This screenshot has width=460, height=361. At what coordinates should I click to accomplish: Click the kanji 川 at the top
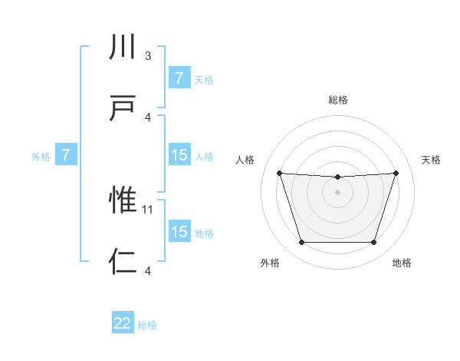pyautogui.click(x=123, y=48)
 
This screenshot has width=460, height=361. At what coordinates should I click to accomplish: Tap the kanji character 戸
pyautogui.click(x=123, y=107)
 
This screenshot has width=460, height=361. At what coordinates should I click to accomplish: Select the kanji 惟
pyautogui.click(x=123, y=200)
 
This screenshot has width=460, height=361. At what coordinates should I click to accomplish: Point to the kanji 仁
pyautogui.click(x=123, y=261)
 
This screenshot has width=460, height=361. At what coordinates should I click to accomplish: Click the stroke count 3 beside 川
pyautogui.click(x=148, y=56)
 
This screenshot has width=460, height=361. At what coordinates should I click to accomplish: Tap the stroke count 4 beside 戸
pyautogui.click(x=148, y=117)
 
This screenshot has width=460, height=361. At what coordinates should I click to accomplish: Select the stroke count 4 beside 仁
pyautogui.click(x=148, y=270)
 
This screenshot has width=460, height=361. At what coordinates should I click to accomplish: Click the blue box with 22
pyautogui.click(x=123, y=323)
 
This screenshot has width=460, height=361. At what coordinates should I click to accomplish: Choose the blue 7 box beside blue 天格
pyautogui.click(x=179, y=78)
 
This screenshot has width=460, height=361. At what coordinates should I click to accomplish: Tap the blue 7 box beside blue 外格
pyautogui.click(x=66, y=156)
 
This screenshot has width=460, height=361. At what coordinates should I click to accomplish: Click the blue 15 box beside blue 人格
pyautogui.click(x=179, y=155)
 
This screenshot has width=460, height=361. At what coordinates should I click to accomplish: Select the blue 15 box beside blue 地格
pyautogui.click(x=179, y=232)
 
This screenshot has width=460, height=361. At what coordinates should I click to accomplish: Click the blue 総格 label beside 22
pyautogui.click(x=147, y=325)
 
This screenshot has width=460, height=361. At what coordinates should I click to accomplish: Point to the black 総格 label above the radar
pyautogui.click(x=338, y=100)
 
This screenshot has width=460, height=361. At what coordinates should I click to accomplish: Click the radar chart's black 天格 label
pyautogui.click(x=431, y=160)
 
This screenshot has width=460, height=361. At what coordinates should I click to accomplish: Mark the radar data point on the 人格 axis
pyautogui.click(x=279, y=173)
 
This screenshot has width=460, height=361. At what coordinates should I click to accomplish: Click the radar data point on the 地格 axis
pyautogui.click(x=373, y=243)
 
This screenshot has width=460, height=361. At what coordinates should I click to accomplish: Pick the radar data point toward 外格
pyautogui.click(x=301, y=243)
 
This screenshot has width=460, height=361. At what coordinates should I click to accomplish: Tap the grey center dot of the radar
pyautogui.click(x=337, y=192)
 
